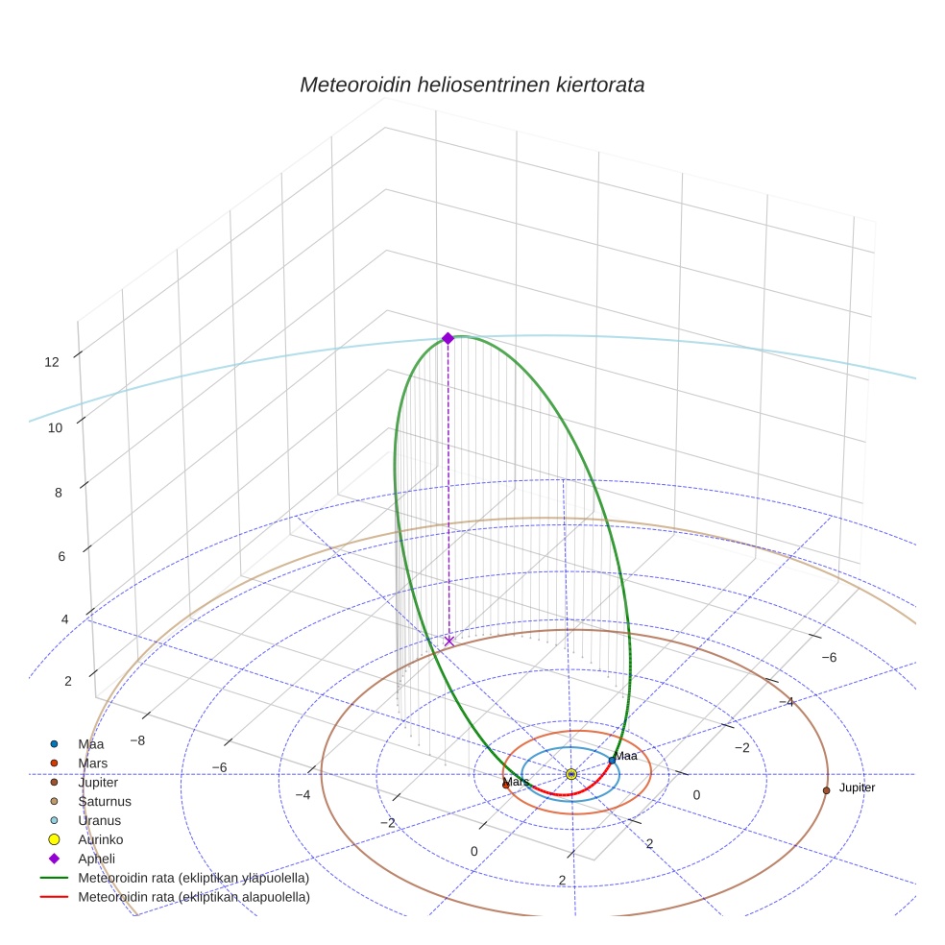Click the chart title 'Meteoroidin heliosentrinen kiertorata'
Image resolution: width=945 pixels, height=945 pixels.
(472, 85)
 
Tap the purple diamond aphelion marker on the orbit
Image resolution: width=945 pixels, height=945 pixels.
(448, 338)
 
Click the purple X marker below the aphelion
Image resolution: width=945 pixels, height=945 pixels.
(448, 641)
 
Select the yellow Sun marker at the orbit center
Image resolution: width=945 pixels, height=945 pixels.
(571, 774)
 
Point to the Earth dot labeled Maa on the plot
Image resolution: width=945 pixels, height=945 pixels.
(612, 761)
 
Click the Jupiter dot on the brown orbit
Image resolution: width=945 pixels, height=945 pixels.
(826, 790)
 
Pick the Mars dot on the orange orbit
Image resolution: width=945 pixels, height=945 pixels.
(506, 785)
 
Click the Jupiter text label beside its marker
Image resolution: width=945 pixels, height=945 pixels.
(857, 787)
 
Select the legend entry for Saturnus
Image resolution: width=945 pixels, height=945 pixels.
(105, 801)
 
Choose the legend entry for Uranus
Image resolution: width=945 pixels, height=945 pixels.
(101, 820)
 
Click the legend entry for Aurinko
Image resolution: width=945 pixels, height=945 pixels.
(102, 839)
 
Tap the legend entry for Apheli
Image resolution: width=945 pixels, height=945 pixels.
(96, 859)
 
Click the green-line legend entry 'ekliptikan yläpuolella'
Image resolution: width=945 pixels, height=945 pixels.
(193, 878)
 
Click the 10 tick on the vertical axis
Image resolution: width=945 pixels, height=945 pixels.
(55, 427)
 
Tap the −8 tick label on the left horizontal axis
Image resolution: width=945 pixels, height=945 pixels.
(137, 740)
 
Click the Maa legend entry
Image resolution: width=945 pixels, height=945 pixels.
(91, 744)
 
